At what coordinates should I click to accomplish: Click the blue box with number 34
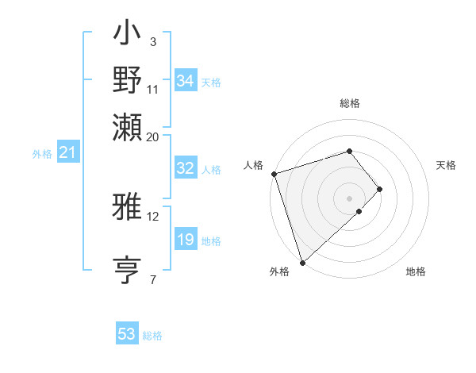click(185, 81)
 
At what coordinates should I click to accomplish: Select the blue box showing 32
click(185, 168)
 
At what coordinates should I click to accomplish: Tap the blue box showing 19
click(185, 240)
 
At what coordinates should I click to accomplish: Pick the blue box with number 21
click(67, 152)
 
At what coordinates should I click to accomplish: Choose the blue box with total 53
click(126, 334)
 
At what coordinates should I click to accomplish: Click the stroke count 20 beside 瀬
click(152, 137)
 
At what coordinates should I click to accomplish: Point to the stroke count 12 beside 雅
click(152, 216)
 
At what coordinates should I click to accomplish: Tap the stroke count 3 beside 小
click(152, 41)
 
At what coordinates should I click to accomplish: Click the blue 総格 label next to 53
click(152, 336)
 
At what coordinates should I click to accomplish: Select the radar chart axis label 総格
click(350, 103)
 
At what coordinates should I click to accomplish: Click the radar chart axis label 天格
click(446, 165)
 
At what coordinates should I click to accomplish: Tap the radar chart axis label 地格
click(416, 272)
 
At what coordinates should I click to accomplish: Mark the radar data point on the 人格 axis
click(274, 174)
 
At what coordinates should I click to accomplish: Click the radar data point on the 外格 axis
click(302, 261)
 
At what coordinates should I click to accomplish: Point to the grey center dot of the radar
click(350, 198)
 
